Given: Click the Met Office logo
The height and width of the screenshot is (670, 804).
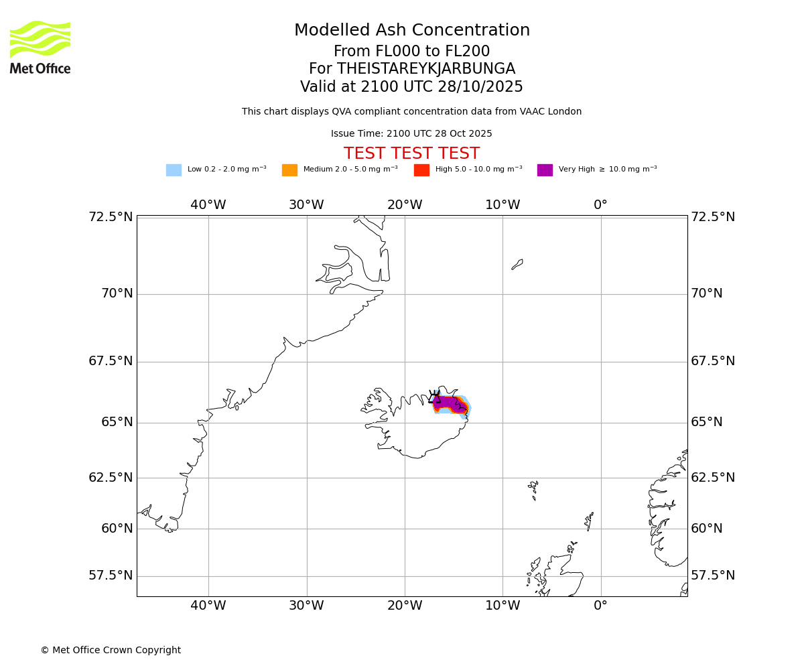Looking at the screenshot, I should [x=40, y=47].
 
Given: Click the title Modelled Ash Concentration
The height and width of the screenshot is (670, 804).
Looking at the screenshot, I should [x=411, y=31].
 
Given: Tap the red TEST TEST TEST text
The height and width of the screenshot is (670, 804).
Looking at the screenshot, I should [x=411, y=154].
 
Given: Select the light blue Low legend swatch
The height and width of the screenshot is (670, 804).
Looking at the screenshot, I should [x=174, y=170].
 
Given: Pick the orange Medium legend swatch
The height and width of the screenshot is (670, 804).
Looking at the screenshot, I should [x=289, y=170].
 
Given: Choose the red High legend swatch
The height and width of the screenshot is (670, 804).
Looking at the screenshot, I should [x=421, y=170].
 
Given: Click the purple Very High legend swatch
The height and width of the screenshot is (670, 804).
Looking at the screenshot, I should [x=545, y=170].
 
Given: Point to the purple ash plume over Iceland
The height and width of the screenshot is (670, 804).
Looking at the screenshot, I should [x=448, y=403].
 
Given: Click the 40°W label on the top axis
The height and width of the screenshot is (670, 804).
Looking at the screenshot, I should [x=208, y=205].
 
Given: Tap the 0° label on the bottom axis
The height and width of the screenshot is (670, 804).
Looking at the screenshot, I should [x=600, y=606].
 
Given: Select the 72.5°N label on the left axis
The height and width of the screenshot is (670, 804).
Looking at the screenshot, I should [x=111, y=217].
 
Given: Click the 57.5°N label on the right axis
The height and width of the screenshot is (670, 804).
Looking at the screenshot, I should [x=713, y=576].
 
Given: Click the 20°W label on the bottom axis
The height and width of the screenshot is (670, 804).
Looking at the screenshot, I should [x=405, y=606].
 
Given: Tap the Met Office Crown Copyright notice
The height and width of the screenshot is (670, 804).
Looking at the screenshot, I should [x=111, y=650].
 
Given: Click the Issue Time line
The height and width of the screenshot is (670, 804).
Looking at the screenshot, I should [x=411, y=134].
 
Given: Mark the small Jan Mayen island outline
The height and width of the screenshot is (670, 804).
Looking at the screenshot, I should [x=517, y=264].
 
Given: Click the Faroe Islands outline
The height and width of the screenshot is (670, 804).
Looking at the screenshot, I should [x=533, y=489].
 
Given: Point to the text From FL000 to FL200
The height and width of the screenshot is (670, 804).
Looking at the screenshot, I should [x=411, y=52].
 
